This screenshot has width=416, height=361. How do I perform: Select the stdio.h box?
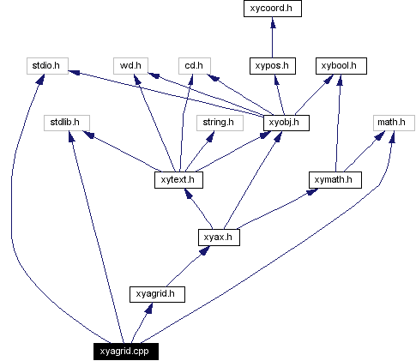(x=46, y=65)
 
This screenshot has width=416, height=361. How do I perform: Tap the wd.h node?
(x=130, y=65)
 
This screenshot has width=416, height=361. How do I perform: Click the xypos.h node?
(x=273, y=65)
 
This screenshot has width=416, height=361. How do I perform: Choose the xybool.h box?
(x=342, y=65)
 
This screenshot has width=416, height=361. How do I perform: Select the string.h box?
(x=218, y=123)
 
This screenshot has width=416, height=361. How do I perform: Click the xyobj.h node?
(x=286, y=123)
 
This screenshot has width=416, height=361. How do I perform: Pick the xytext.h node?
(x=180, y=180)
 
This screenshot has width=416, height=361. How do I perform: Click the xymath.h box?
(x=335, y=180)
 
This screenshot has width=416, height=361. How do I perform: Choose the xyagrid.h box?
(x=155, y=294)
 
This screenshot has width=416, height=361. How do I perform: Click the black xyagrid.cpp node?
(x=125, y=351)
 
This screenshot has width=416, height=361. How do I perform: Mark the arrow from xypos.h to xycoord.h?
(x=273, y=38)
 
